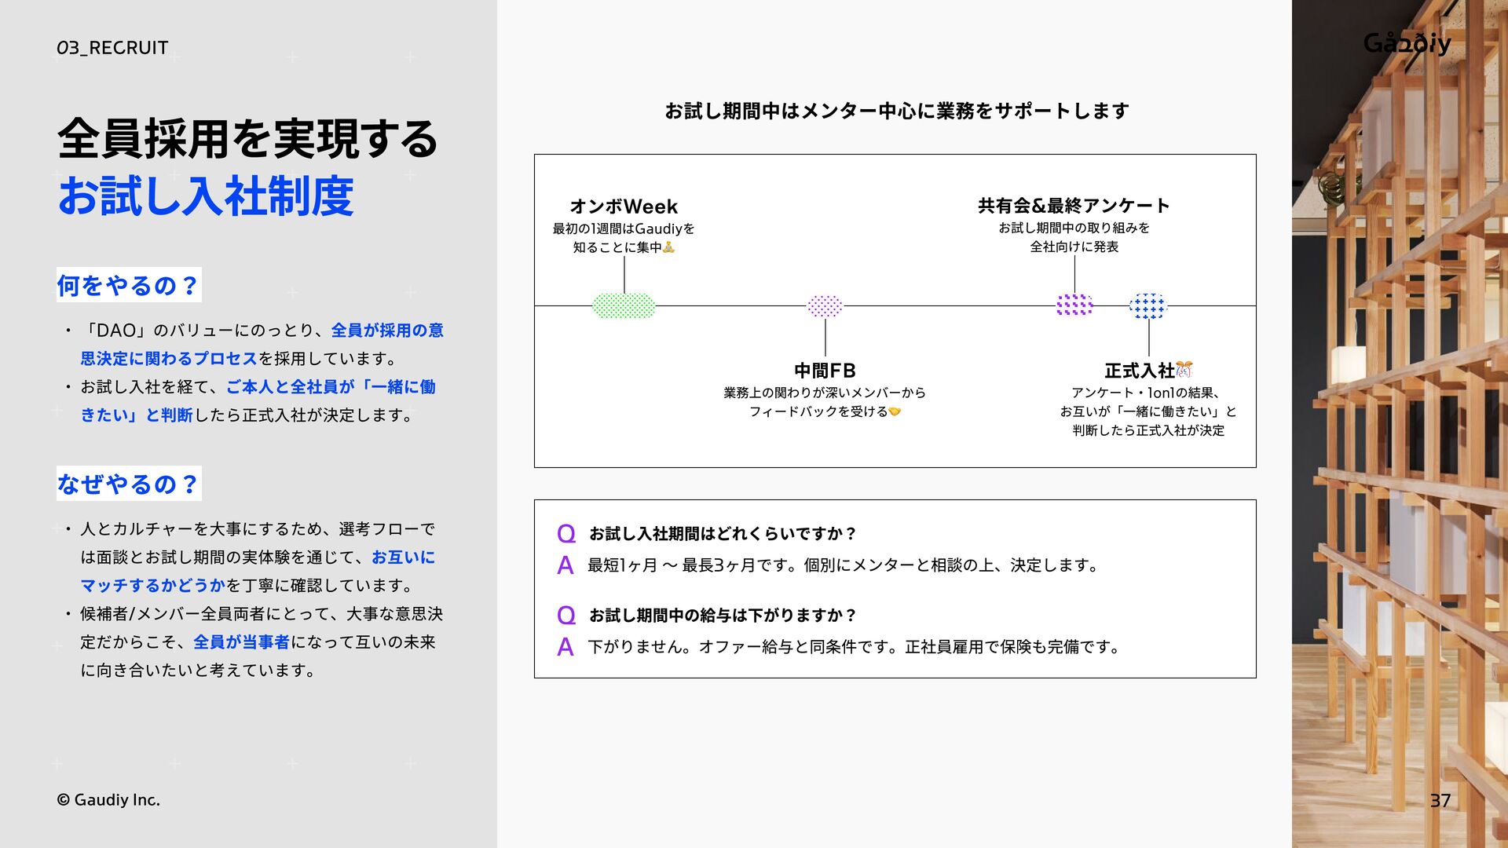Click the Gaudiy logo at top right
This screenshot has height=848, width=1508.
click(1407, 43)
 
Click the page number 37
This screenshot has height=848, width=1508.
click(1440, 800)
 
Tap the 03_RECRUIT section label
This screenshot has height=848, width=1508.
click(112, 48)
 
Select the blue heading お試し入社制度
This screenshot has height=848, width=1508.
click(206, 196)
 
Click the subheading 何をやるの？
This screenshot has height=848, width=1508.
click(129, 285)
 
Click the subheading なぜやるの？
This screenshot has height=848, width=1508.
click(129, 484)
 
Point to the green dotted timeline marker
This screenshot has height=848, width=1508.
click(624, 305)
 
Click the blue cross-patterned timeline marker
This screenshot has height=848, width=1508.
click(1148, 305)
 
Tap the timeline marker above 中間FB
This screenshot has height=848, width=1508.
click(825, 305)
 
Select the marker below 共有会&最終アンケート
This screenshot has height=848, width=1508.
click(1074, 305)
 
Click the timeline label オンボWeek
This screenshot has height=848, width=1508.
click(624, 207)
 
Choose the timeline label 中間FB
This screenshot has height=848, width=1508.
click(825, 370)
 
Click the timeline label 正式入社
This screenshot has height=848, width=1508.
click(1140, 370)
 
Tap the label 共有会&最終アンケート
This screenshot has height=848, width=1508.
click(1074, 206)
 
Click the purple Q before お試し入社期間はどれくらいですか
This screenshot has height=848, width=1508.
click(565, 534)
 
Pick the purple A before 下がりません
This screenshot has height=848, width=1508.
click(565, 647)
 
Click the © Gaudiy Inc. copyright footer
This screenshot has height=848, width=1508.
click(108, 800)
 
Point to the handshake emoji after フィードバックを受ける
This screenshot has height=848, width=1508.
click(895, 411)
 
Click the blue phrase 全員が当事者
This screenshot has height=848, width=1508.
click(241, 642)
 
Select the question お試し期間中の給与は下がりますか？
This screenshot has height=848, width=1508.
click(723, 615)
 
